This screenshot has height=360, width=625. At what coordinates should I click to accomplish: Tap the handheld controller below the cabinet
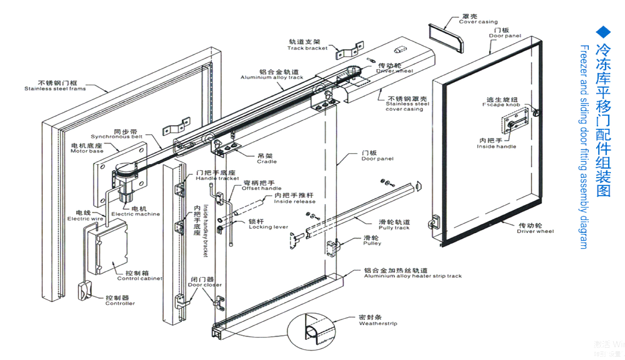[x=85, y=290]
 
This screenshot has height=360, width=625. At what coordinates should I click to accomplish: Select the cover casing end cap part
[x=446, y=37]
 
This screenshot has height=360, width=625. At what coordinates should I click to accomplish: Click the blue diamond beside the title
[x=603, y=32]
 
